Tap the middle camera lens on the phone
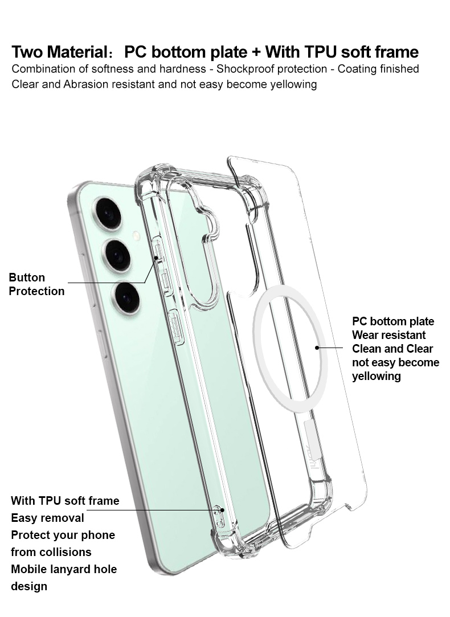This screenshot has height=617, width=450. click(117, 255)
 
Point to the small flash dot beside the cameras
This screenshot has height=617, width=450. click(137, 235)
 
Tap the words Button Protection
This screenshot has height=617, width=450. click(36, 284)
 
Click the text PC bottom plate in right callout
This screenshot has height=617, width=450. click(392, 321)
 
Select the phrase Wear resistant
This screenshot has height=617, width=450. click(388, 335)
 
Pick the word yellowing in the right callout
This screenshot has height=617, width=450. click(376, 376)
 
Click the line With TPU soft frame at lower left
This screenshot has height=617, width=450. click(65, 501)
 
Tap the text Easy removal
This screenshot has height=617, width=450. click(47, 518)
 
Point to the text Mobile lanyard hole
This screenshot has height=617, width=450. click(63, 569)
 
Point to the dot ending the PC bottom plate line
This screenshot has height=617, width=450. click(317, 347)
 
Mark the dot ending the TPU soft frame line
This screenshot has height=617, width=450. click(222, 510)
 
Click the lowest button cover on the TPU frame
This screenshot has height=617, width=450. click(176, 328)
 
